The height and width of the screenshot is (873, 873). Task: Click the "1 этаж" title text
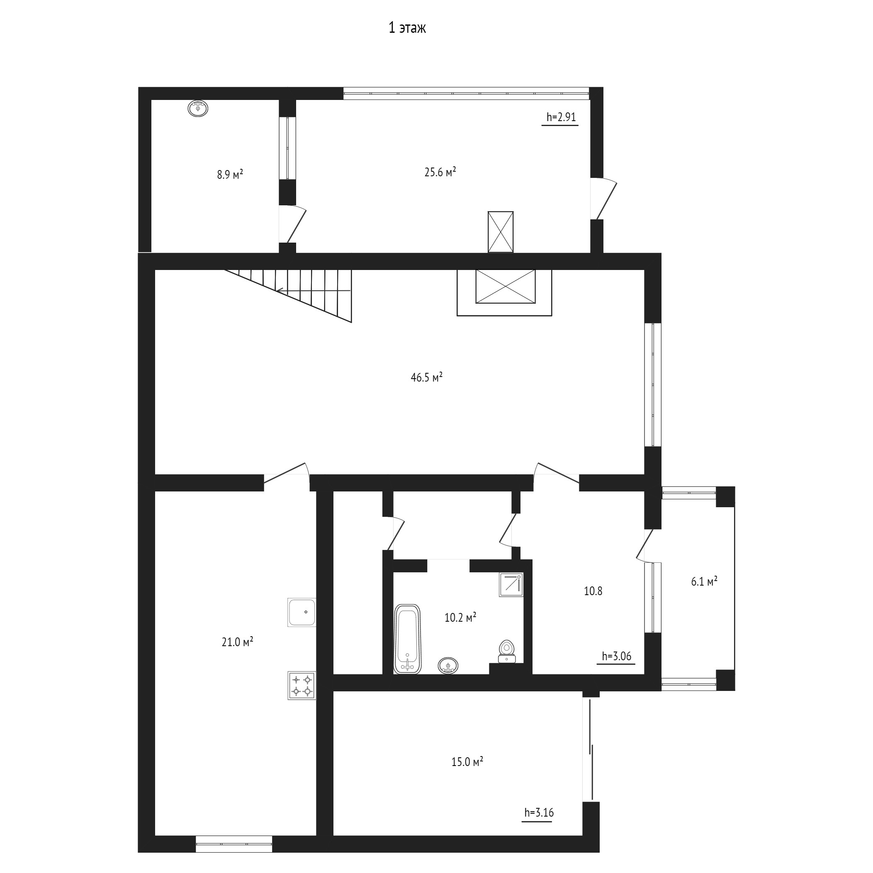[407, 29]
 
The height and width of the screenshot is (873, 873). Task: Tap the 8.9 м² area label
[230, 175]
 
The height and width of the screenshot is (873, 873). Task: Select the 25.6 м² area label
[440, 172]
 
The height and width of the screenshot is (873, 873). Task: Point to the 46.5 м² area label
[426, 377]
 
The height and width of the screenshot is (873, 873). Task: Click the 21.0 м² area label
[237, 642]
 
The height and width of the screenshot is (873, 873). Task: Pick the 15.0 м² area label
[467, 762]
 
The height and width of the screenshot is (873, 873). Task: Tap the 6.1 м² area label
[704, 581]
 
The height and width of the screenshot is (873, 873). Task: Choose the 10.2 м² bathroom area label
[460, 618]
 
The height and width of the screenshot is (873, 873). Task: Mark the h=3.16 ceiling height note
[539, 813]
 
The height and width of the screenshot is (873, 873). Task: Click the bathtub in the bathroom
[408, 639]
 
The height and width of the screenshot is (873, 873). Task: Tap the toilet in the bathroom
[507, 651]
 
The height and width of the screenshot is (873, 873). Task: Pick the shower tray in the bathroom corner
[511, 585]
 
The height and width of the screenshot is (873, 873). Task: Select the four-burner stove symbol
[302, 686]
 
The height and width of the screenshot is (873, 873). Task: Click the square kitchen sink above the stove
[302, 612]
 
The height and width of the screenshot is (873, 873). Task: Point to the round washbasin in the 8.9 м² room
[198, 108]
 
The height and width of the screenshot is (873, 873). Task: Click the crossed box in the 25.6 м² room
[501, 232]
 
